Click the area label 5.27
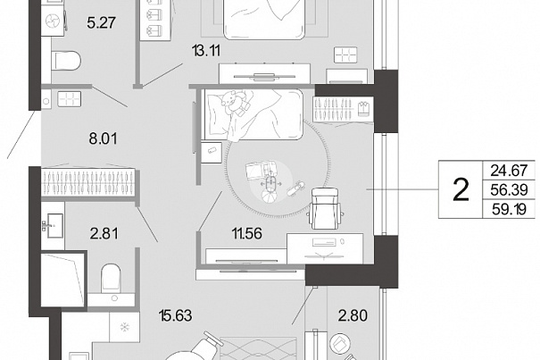[101, 22]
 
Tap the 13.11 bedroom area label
[206, 51]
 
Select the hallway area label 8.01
[103, 138]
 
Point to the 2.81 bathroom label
[104, 233]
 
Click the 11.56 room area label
[247, 233]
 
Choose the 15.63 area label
[175, 315]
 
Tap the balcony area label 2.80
[353, 315]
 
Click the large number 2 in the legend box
[461, 189]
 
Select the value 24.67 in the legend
[509, 171]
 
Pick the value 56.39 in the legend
[509, 189]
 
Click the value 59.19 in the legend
[509, 209]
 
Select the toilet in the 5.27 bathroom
[66, 61]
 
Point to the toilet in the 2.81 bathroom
[111, 279]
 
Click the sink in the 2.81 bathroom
[54, 225]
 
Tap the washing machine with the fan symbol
[54, 21]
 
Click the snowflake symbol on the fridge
[124, 327]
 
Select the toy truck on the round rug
[258, 170]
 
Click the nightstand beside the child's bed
[212, 152]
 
